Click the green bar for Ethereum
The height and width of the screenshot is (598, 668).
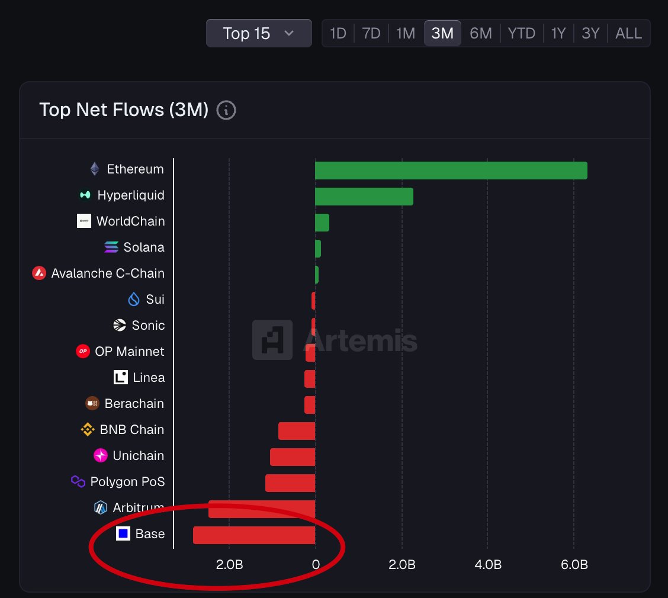(451, 171)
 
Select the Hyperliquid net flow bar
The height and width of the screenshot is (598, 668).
(364, 197)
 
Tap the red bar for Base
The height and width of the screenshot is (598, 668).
(254, 535)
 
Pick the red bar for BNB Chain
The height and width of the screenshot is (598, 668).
(297, 431)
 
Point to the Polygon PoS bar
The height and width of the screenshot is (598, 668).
(290, 483)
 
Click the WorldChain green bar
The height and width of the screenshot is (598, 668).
(322, 223)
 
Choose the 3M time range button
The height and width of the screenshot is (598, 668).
(442, 33)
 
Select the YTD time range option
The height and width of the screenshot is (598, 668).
(521, 33)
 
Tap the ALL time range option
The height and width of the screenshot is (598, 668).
(628, 33)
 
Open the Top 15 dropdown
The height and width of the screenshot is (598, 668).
(259, 33)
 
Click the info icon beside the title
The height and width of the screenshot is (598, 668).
(226, 110)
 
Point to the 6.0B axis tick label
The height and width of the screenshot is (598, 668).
(574, 565)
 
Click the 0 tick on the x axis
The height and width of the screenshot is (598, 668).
(316, 565)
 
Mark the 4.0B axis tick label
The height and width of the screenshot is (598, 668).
(488, 565)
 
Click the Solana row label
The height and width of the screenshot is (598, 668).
(144, 247)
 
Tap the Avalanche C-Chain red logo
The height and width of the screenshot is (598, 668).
(39, 274)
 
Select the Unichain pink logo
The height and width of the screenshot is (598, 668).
(101, 456)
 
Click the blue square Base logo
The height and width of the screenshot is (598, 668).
(123, 534)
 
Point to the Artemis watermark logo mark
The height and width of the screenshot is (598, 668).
(272, 340)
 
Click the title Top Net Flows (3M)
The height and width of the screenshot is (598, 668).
(124, 110)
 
